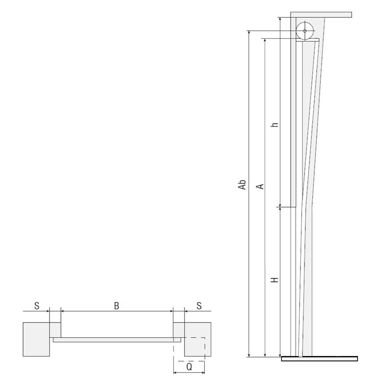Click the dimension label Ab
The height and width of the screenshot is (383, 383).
pyautogui.click(x=242, y=185)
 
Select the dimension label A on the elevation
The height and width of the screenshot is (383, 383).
pyautogui.click(x=260, y=186)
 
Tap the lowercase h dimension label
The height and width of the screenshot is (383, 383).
pyautogui.click(x=275, y=124)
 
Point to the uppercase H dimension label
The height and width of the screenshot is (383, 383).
pyautogui.click(x=275, y=279)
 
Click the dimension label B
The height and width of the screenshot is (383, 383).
pyautogui.click(x=117, y=306)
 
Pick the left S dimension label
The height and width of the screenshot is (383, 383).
pyautogui.click(x=37, y=306)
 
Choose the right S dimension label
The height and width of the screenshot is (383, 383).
pyautogui.click(x=199, y=306)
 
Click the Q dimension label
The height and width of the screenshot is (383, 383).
pyautogui.click(x=189, y=367)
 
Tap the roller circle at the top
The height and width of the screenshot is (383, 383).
pyautogui.click(x=304, y=31)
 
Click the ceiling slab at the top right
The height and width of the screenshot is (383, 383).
pyautogui.click(x=321, y=15)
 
